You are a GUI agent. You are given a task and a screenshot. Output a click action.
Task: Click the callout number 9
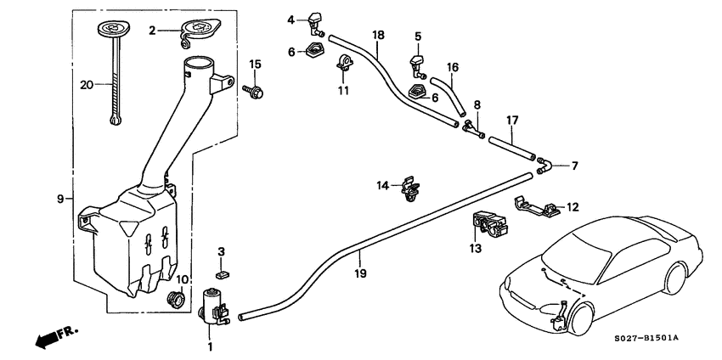pos(61,199)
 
